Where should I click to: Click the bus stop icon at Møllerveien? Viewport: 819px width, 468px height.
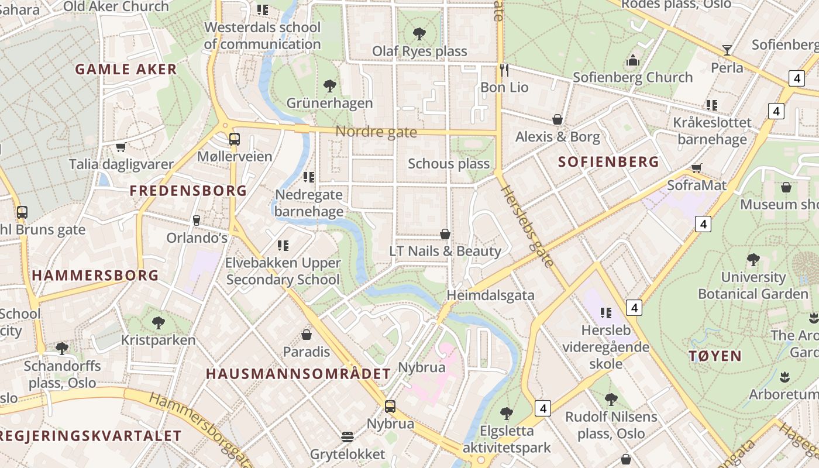click(234, 139)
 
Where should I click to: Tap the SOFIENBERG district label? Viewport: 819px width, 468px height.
click(608, 162)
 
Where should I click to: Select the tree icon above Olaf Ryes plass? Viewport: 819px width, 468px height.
click(419, 33)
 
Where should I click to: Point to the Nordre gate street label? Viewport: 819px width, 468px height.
click(376, 132)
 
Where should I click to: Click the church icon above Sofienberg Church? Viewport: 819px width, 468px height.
click(632, 60)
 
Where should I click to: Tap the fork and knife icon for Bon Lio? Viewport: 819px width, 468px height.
click(504, 70)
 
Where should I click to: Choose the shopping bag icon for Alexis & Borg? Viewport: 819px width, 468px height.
click(558, 120)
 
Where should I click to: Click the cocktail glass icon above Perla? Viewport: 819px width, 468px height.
click(727, 50)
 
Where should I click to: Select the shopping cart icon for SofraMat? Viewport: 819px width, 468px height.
click(696, 168)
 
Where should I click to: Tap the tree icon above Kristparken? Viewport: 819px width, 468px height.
click(158, 322)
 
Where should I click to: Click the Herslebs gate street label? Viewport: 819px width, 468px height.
click(526, 226)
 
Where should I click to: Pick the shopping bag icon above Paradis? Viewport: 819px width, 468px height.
click(306, 335)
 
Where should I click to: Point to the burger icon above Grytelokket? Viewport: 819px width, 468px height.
click(347, 437)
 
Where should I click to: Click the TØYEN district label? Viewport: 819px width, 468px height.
click(715, 356)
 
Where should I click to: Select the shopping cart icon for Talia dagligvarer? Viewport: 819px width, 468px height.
click(121, 147)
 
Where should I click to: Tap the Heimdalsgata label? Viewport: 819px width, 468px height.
click(490, 295)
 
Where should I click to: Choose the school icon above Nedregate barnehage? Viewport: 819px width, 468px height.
click(308, 177)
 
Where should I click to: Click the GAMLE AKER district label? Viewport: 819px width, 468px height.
click(126, 69)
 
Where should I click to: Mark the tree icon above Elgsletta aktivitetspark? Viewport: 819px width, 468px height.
click(507, 414)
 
